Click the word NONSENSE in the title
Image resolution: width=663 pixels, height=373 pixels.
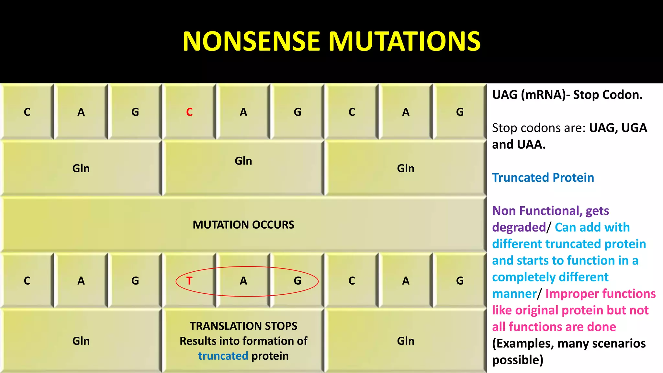click(x=251, y=41)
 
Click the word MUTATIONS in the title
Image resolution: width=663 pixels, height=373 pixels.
click(x=405, y=41)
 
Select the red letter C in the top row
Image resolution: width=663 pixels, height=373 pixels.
click(x=189, y=112)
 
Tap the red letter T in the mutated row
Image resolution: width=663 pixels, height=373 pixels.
click(x=189, y=281)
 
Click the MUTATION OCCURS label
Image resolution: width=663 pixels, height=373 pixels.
click(x=243, y=225)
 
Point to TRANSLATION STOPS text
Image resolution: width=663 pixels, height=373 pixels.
click(x=243, y=326)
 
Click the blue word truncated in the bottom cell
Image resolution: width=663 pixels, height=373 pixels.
click(x=223, y=356)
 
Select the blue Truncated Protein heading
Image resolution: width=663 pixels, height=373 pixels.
click(x=543, y=177)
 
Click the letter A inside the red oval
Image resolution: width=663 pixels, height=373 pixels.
click(x=243, y=281)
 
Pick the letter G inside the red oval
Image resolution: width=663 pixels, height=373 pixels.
click(x=298, y=281)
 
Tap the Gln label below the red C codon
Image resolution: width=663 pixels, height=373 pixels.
click(x=243, y=161)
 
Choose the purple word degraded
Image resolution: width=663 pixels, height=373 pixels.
click(x=519, y=227)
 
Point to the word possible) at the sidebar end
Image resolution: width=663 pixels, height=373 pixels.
click(x=518, y=360)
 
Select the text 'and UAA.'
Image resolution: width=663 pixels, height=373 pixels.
click(x=519, y=144)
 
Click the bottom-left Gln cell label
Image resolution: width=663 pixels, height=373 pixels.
click(x=81, y=341)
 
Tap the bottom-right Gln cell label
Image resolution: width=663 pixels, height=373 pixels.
click(x=406, y=341)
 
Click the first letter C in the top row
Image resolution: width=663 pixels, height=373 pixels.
click(x=27, y=112)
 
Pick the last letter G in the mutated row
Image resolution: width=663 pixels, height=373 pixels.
click(x=460, y=281)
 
